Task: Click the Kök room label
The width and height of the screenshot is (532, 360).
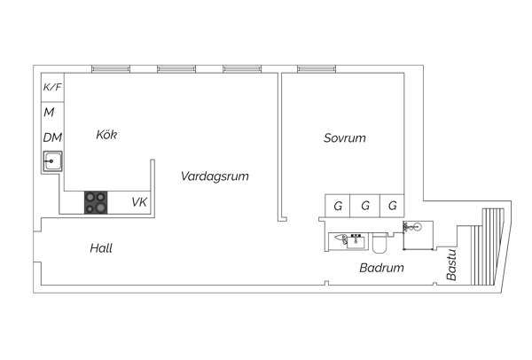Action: [106, 135]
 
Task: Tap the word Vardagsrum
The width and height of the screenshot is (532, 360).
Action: [215, 176]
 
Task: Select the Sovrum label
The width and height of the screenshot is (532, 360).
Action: [345, 137]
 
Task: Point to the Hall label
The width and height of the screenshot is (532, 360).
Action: [101, 248]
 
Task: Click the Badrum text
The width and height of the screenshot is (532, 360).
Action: [381, 268]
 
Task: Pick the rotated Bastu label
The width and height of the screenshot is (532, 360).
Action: [451, 265]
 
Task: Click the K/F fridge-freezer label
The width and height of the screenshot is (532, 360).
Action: [52, 87]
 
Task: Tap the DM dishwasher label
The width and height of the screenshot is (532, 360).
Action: [52, 137]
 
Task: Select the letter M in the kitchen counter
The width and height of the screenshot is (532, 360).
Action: [49, 112]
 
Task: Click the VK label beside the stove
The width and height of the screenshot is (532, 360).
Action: [139, 202]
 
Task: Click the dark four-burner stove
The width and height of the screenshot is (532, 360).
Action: [96, 202]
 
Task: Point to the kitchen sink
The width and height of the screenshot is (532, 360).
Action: [52, 161]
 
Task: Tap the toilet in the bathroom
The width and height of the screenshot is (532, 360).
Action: [379, 243]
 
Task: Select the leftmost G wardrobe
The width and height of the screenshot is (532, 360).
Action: [338, 206]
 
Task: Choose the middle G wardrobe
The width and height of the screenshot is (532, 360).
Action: [365, 206]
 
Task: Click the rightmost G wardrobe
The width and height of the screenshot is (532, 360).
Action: [392, 206]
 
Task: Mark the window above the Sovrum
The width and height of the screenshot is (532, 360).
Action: [317, 69]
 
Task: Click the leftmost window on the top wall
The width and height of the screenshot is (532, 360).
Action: [111, 69]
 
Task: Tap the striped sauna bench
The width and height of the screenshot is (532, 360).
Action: [488, 247]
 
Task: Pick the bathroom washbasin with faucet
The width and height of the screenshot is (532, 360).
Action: [356, 241]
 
